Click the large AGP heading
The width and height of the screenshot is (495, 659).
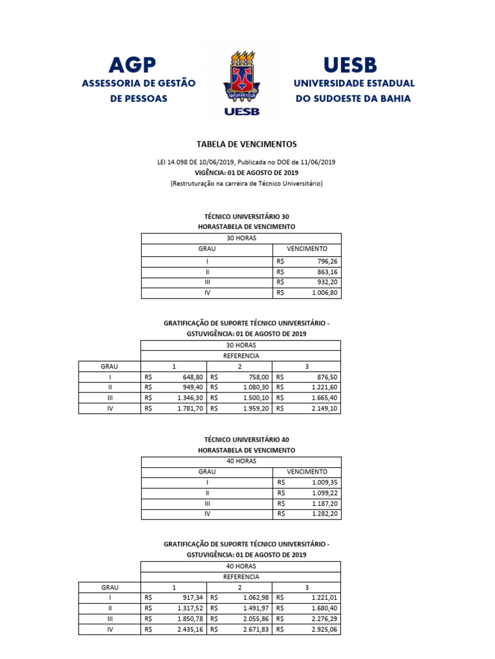[132, 64]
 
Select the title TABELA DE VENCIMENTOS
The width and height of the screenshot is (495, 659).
[246, 145]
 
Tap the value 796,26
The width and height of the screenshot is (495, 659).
[327, 261]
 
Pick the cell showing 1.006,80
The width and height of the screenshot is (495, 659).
[324, 292]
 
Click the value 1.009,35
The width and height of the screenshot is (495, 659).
[324, 482]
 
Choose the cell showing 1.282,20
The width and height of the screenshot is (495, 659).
[324, 514]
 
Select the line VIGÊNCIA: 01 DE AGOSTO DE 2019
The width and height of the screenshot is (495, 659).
[246, 173]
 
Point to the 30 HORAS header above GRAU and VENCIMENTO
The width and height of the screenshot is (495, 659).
[241, 237]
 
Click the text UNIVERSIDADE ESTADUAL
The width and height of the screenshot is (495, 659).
[354, 84]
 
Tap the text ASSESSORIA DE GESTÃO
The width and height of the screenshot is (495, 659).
[138, 84]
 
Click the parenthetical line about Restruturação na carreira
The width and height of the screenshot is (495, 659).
[246, 183]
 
